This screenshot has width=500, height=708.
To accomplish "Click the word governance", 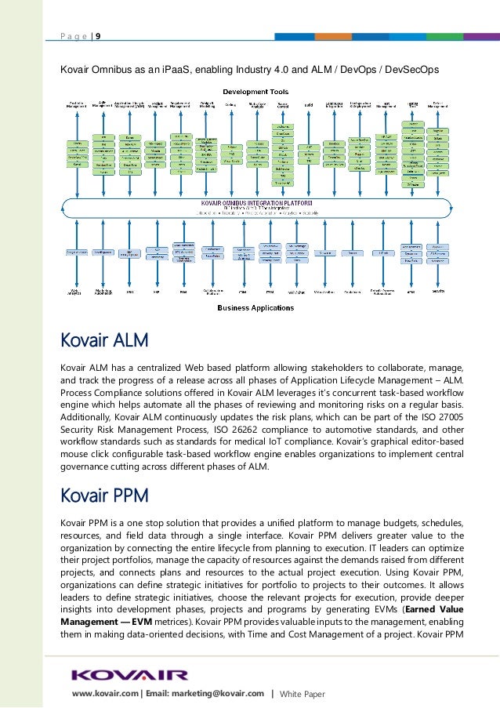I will pos(86,469).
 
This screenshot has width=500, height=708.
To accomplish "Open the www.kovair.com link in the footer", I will pos(105,693).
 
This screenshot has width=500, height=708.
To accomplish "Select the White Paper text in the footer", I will pos(302,693).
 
